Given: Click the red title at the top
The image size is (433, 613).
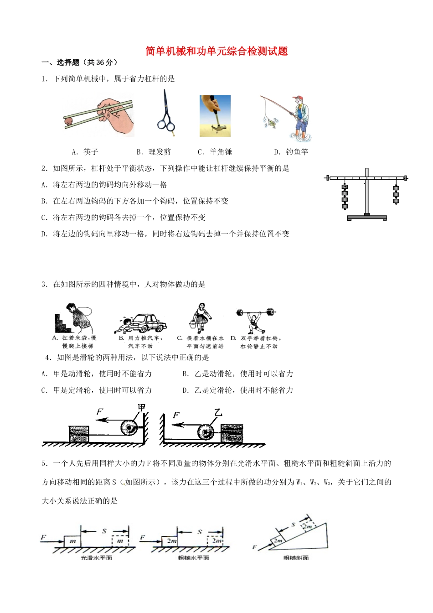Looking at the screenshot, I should pyautogui.click(x=216, y=51).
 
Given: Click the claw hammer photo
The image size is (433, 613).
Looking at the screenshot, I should pyautogui.click(x=215, y=116).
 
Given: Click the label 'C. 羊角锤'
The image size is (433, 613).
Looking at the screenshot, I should pyautogui.click(x=215, y=152).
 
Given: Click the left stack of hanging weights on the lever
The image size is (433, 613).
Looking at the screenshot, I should pyautogui.click(x=345, y=196).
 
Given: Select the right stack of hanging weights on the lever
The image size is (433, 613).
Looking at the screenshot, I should pyautogui.click(x=396, y=194).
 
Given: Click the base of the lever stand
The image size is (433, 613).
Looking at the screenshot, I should pyautogui.click(x=367, y=218).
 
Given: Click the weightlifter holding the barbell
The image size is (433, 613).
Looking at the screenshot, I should pyautogui.click(x=255, y=321).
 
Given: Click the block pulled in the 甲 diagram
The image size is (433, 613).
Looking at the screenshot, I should pyautogui.click(x=79, y=434).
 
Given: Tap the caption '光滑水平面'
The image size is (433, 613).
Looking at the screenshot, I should pyautogui.click(x=96, y=558).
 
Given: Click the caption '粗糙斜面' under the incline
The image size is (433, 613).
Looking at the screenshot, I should pyautogui.click(x=296, y=558).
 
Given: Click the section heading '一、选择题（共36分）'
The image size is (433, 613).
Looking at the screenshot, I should pyautogui.click(x=79, y=63).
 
